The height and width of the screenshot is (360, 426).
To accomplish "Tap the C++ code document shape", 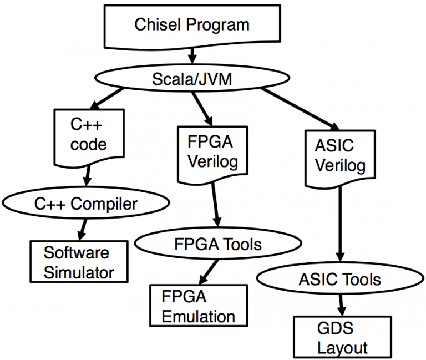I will click(x=88, y=136).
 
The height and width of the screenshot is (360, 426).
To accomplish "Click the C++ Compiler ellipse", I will click(x=85, y=204).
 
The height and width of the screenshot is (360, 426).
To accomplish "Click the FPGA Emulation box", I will click(x=197, y=305).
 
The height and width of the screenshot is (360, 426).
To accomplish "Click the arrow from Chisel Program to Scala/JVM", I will click(x=192, y=55).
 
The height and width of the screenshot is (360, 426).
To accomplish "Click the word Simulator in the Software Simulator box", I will click(x=79, y=272).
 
